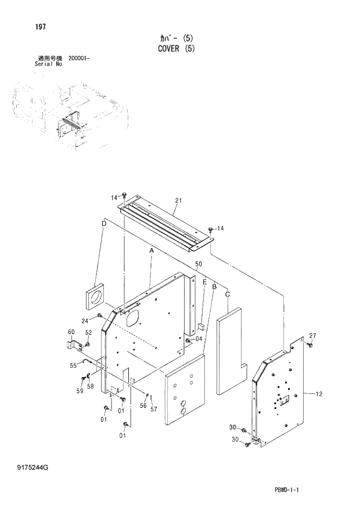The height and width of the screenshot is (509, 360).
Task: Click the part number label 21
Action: coord(178,200)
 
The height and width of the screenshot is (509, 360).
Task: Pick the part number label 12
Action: coord(319,394)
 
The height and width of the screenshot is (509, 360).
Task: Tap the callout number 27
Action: coord(312,335)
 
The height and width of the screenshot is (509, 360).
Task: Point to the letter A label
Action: coord(151,250)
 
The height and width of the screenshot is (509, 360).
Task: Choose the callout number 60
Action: coord(71,332)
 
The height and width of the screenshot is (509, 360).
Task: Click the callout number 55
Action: coord(73,365)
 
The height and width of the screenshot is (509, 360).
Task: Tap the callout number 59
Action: coord(79,391)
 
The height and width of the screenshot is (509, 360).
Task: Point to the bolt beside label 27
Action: coord(308,345)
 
